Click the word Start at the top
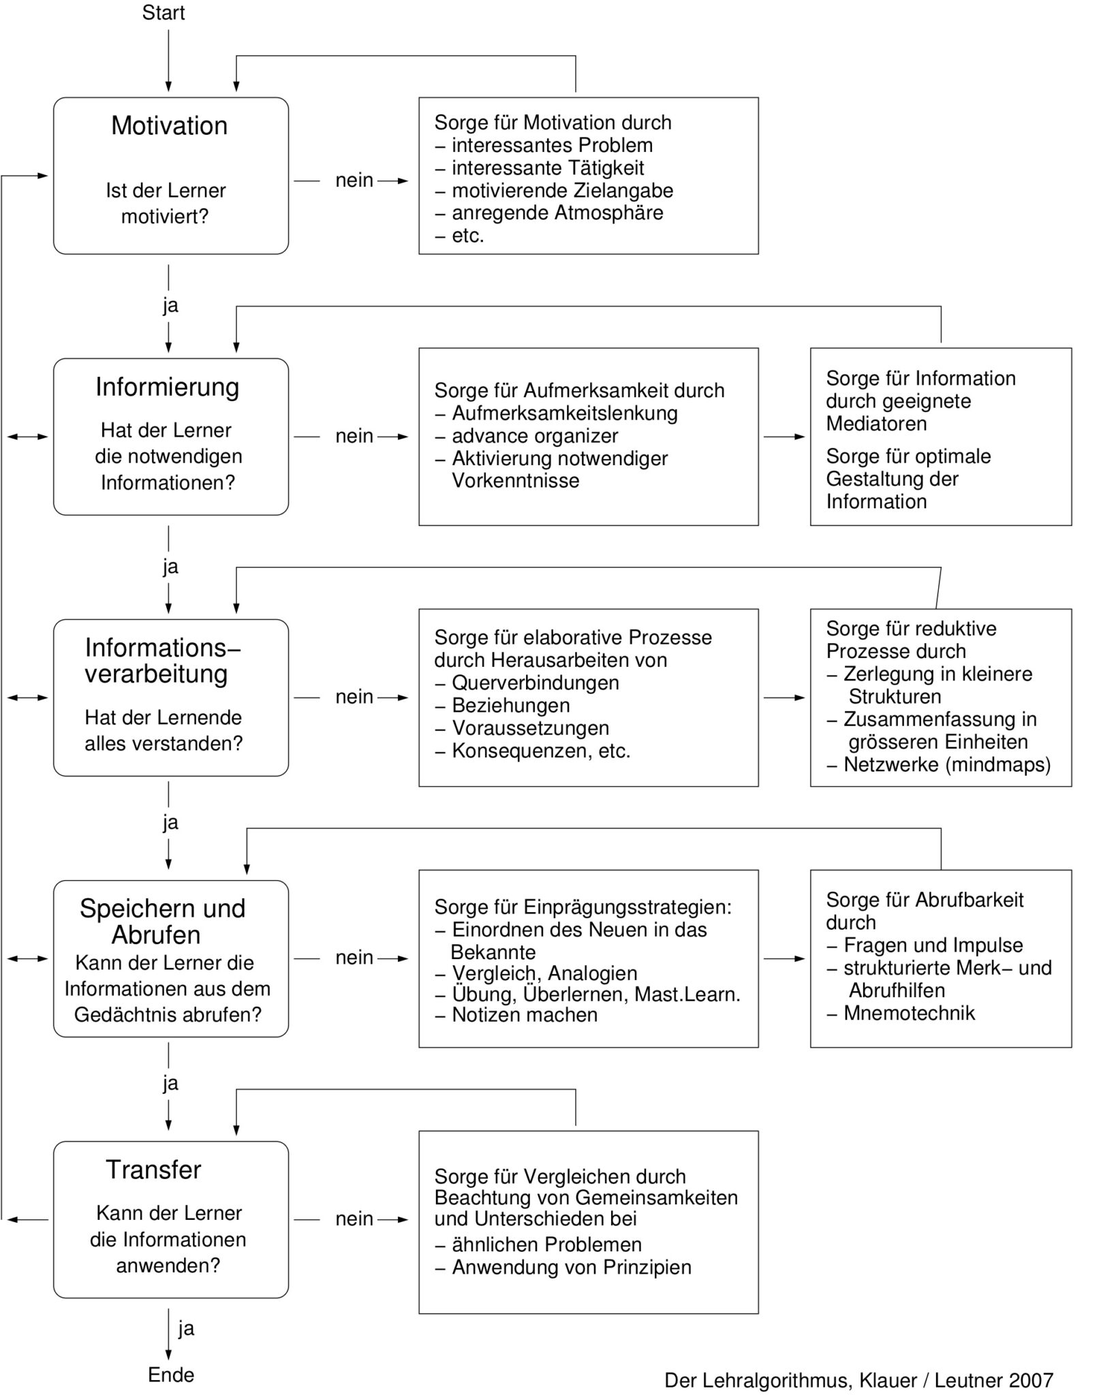coord(164,13)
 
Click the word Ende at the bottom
coord(171,1375)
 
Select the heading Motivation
coord(170,126)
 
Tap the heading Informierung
coord(168,387)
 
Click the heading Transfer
coord(153,1170)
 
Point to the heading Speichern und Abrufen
coord(162,922)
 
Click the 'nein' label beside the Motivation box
coord(354,181)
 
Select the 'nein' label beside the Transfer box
coord(354,1219)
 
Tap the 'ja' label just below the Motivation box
coord(170,305)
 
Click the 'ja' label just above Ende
coord(186,1328)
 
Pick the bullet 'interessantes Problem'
coord(544,145)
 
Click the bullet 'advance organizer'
coord(527,436)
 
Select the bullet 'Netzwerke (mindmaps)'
coord(939,764)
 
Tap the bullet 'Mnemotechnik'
coord(901,1013)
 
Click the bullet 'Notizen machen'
coord(516,1014)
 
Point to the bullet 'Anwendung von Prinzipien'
coord(563,1267)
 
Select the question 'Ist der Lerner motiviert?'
coord(166,203)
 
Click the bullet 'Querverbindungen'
coord(527,683)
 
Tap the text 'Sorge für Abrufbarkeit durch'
coord(925,911)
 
